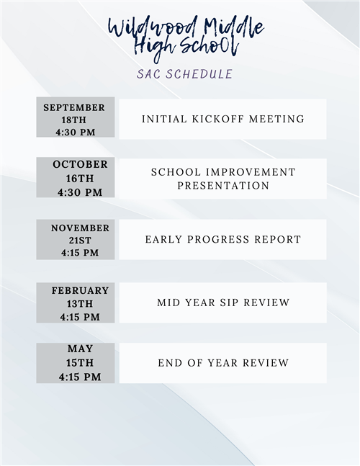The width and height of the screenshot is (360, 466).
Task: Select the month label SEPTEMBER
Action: tap(74, 107)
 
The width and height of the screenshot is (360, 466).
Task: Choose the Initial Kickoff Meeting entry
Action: tap(222, 119)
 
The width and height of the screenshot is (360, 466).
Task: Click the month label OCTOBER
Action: tap(80, 164)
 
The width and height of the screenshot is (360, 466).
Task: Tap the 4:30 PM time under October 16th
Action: tap(79, 192)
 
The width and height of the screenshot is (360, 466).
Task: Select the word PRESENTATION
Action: tap(223, 186)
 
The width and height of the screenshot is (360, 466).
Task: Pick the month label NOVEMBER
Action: tap(80, 228)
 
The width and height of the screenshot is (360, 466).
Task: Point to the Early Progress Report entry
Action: tap(222, 240)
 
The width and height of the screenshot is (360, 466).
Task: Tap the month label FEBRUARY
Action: tap(80, 290)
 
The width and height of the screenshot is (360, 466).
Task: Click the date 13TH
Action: tap(80, 303)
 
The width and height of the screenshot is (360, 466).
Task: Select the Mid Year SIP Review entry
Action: tap(223, 303)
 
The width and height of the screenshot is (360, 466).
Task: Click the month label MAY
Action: tap(80, 349)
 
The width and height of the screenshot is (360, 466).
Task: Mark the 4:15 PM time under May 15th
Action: tap(80, 377)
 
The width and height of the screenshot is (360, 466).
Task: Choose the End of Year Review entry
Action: tap(223, 363)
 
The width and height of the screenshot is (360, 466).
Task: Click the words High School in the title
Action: tap(186, 48)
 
